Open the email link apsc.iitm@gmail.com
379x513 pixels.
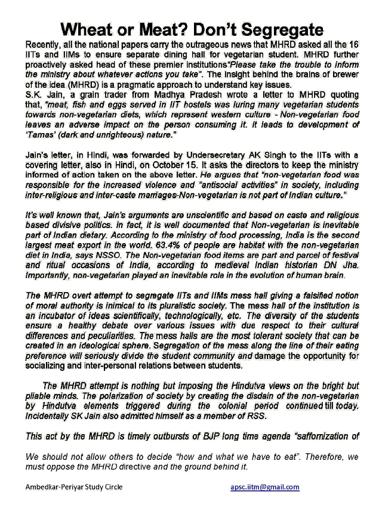264,487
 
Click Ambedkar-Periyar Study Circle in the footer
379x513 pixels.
74,487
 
